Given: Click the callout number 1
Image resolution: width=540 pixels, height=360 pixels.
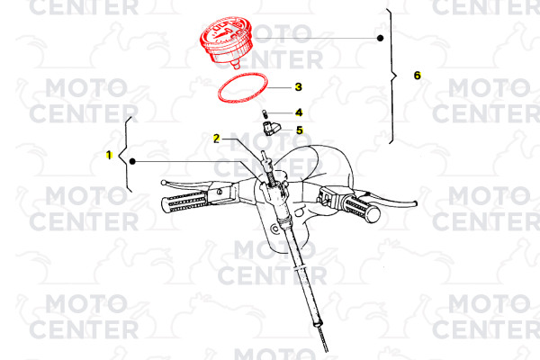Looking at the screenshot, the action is tap(109, 155).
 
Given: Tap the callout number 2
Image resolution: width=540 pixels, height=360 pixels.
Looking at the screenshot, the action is tap(216, 139).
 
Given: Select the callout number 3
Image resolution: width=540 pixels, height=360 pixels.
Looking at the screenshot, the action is tap(299, 87).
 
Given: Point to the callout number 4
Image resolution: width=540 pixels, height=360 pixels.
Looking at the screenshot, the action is tap(299, 112).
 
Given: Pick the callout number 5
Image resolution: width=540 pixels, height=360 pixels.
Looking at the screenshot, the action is tap(300, 130).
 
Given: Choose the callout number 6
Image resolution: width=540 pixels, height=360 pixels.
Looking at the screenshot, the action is tap(418, 75).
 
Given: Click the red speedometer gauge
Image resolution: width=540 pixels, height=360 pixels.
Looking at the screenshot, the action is tap(226, 40).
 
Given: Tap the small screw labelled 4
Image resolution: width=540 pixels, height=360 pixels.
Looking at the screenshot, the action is tap(265, 113).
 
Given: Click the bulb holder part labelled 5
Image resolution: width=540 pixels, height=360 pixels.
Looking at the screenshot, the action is tap(271, 129).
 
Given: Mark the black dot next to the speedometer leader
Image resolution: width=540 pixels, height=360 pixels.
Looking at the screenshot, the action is tap(380, 38).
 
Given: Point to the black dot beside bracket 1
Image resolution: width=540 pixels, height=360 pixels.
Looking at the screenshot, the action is tap(132, 161).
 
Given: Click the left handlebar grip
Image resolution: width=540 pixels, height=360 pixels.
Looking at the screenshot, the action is tap(184, 202).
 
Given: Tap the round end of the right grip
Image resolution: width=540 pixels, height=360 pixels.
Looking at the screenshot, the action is tap(373, 214).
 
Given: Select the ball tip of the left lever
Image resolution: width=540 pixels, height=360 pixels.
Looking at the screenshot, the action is tap(163, 182).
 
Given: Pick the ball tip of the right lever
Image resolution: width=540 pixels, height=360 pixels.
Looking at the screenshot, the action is tap(415, 203).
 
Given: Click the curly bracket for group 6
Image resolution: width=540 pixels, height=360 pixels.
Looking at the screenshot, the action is tap(391, 76).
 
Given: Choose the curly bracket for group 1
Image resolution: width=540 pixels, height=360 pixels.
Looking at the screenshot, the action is tap(125, 155).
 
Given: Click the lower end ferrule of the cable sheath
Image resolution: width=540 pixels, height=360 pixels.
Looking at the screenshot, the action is tap(317, 323).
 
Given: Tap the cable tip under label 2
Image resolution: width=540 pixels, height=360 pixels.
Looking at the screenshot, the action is tap(264, 154).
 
